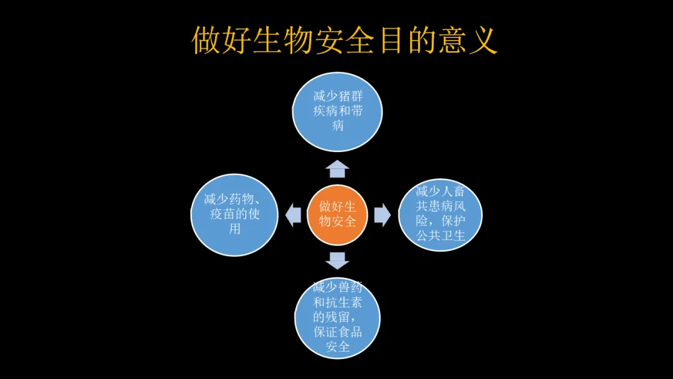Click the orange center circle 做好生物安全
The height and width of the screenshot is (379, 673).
[337, 214]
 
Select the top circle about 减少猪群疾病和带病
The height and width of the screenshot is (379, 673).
[337, 112]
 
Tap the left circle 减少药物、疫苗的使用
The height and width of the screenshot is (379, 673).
[234, 214]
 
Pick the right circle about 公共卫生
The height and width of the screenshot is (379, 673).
[440, 214]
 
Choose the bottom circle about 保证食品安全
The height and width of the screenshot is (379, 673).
[337, 317]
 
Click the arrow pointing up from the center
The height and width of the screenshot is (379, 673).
[337, 169]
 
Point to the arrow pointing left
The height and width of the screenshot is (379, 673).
[293, 214]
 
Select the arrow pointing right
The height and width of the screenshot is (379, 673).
[382, 214]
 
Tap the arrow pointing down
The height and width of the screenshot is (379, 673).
[337, 260]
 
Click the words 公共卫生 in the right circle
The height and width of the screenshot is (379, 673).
[441, 236]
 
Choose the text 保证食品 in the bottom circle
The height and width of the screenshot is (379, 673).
[337, 332]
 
